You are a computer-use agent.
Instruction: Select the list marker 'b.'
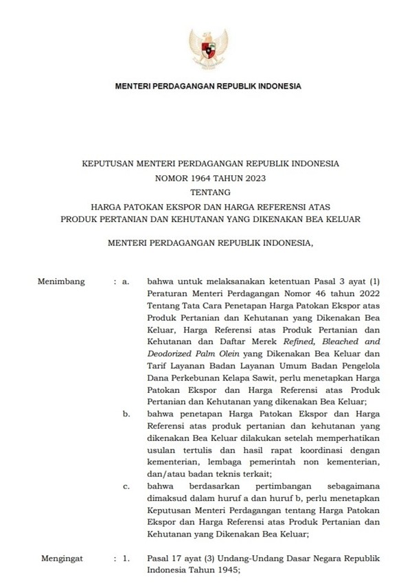pos(126,414)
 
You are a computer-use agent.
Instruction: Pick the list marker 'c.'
pos(126,485)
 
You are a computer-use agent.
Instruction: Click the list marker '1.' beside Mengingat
pos(126,559)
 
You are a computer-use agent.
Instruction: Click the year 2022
pos(364,294)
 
